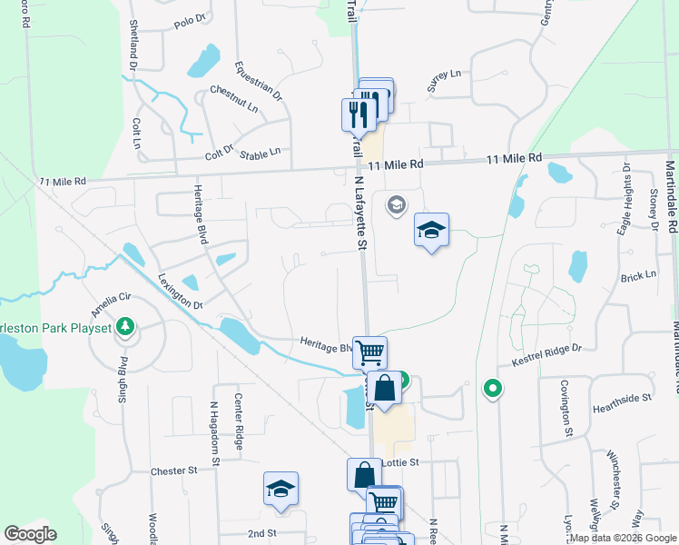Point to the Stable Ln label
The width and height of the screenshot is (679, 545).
(260, 154)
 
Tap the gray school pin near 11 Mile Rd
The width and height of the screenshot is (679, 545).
(396, 204)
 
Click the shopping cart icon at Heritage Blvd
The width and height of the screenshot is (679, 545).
(369, 352)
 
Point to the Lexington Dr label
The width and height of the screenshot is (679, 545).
(178, 292)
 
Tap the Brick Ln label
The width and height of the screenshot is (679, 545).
(638, 276)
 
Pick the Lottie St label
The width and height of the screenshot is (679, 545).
(399, 462)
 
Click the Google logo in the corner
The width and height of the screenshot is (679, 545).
(30, 534)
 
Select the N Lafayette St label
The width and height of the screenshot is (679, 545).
(359, 213)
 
